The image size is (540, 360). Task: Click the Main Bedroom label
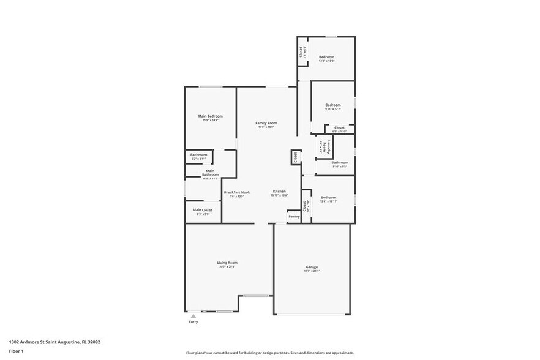[x=210, y=116]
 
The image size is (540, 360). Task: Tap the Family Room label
[x=266, y=123]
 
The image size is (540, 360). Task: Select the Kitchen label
[x=279, y=192]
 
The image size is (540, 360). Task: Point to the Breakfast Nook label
[x=236, y=192]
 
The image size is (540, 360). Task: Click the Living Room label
[x=227, y=263]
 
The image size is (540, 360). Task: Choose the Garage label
[x=312, y=267]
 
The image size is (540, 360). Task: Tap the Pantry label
[x=294, y=216]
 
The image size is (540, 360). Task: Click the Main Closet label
[x=203, y=210]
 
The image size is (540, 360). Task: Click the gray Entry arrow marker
[x=193, y=315]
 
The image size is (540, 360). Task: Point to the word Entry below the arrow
[x=193, y=322]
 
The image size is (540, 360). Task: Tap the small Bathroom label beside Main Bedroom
[x=198, y=155]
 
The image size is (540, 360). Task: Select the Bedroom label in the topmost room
[x=326, y=56]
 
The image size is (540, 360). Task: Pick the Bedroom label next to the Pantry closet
[x=329, y=197]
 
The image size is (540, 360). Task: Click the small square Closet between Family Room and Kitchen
[x=295, y=157]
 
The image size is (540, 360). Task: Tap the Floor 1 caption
[x=16, y=351]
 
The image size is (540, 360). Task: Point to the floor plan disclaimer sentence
[x=269, y=353]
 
